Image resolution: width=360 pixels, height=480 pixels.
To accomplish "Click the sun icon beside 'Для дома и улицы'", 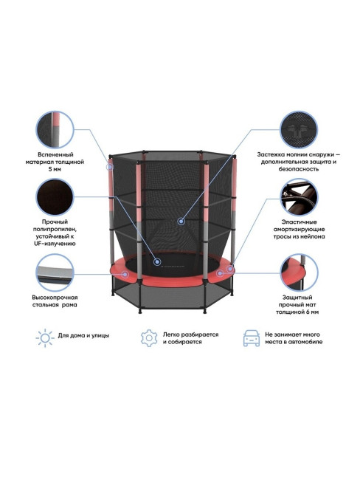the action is click(45, 338).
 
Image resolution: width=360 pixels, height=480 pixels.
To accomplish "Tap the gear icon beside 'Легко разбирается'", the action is click(149, 338).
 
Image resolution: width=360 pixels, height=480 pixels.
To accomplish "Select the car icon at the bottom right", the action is click(252, 338).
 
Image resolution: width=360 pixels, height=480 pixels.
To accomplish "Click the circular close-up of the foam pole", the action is click(55, 130).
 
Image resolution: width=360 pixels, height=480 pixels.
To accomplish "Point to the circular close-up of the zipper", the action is click(299, 130).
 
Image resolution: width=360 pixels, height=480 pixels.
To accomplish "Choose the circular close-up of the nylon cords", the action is click(299, 198).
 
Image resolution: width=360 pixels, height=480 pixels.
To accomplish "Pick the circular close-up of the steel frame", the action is click(55, 272).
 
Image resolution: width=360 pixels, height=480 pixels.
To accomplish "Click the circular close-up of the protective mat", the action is click(299, 272).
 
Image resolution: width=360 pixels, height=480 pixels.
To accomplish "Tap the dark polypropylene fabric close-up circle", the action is click(55, 198).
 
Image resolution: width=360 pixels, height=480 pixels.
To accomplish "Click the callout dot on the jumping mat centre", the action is click(157, 261).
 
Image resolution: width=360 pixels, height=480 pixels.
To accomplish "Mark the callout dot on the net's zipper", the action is click(181, 221).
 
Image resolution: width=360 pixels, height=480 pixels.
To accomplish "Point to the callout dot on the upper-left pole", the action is click(110, 167).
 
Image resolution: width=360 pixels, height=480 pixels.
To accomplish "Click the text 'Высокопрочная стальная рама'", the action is click(55, 301).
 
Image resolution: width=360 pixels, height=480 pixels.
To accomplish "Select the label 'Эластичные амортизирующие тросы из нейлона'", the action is click(299, 229).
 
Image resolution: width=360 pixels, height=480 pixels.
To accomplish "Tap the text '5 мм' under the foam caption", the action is click(55, 169).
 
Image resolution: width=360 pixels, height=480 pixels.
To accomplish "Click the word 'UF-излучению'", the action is click(55, 244).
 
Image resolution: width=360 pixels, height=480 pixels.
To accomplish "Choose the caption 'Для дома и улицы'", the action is click(83, 335).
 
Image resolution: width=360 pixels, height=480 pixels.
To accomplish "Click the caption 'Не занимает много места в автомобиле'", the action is click(294, 338).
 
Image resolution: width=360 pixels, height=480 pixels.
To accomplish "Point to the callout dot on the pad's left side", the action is click(125, 274).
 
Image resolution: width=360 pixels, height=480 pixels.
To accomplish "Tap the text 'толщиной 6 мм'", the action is click(297, 312).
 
